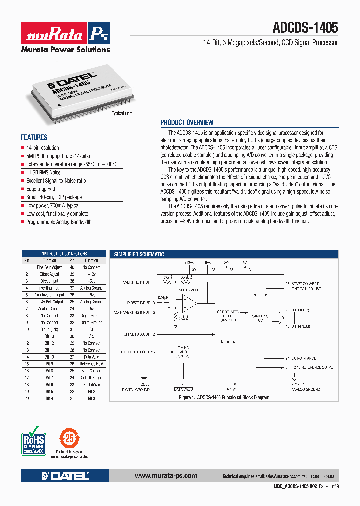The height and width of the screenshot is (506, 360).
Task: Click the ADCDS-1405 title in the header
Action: (x=305, y=28)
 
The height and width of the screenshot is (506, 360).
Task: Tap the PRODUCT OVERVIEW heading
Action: (x=187, y=122)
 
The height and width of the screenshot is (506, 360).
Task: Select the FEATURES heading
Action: (x=34, y=137)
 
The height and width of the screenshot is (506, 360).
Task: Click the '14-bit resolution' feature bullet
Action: (x=43, y=148)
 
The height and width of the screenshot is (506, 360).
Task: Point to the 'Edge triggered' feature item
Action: (x=41, y=189)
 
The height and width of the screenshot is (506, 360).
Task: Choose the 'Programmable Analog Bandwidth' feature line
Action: (x=59, y=222)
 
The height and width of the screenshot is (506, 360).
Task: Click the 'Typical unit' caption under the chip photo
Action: (x=121, y=114)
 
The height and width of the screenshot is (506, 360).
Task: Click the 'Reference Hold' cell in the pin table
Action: (x=91, y=364)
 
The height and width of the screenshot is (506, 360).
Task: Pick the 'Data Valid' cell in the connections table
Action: (x=91, y=357)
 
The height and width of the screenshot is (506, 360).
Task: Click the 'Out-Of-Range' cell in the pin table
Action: (x=91, y=378)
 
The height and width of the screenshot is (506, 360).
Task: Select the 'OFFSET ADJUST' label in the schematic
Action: (x=136, y=334)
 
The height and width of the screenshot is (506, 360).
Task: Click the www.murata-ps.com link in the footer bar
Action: (x=166, y=476)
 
